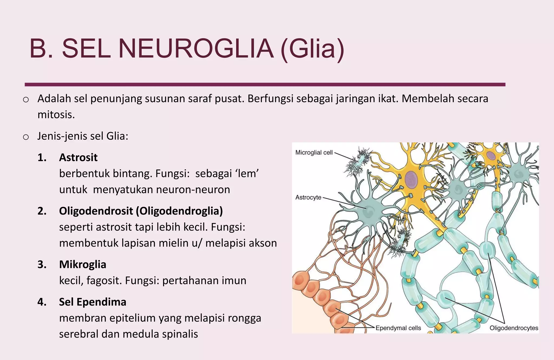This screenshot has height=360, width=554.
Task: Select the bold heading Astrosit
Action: [x=78, y=158]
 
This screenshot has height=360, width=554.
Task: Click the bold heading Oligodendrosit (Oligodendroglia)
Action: [x=141, y=211]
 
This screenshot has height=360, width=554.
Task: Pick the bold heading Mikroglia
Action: [x=83, y=264]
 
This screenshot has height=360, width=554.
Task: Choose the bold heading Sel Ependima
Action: [x=93, y=302]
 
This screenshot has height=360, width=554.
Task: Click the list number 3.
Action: [x=42, y=264]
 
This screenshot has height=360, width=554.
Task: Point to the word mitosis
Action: [x=56, y=115]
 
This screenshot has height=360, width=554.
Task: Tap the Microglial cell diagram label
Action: [x=314, y=153]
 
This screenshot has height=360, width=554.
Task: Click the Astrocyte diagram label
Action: [x=308, y=197]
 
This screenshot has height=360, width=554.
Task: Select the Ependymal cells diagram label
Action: [x=398, y=328]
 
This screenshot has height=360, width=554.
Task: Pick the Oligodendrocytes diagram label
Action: [x=514, y=328]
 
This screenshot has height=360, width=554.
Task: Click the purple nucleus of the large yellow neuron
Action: [x=411, y=179]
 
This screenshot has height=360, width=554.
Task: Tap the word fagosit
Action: [x=104, y=281]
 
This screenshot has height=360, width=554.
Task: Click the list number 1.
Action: [x=42, y=158]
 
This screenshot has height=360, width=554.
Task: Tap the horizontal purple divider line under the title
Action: [x=265, y=85]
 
